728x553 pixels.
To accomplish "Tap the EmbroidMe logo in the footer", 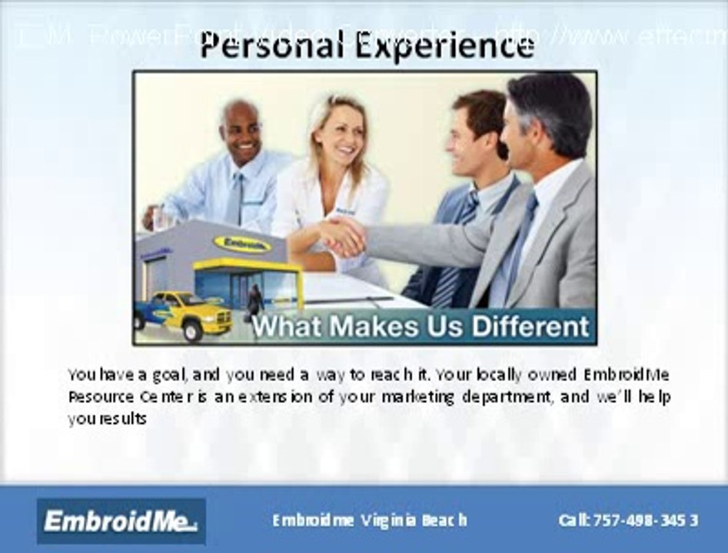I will [121, 522].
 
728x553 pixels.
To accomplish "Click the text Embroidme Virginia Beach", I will [369, 520].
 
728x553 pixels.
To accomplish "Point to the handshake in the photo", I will [343, 237].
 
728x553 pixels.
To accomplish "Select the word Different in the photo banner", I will [530, 326].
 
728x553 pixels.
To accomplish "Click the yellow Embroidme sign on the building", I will [242, 244].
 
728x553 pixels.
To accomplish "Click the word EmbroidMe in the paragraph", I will [626, 376].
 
